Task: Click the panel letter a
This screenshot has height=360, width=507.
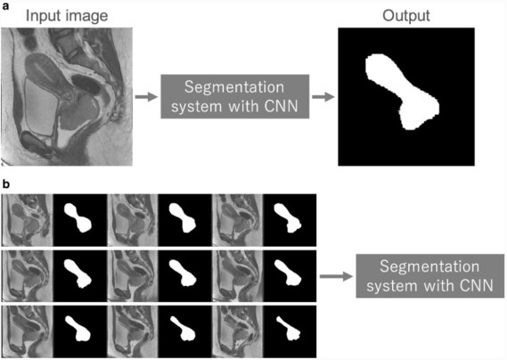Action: coord(5,6)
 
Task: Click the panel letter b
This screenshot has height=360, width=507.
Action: coord(6,184)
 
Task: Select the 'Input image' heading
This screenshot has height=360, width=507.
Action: coord(67,16)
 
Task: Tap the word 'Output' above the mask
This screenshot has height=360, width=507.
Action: coord(406,15)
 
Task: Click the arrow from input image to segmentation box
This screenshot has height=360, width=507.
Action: coord(146,96)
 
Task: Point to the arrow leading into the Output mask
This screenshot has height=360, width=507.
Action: coord(323,96)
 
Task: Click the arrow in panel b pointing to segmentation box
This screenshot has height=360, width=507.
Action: coord(336,276)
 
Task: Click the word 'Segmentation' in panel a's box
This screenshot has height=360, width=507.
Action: coord(234,87)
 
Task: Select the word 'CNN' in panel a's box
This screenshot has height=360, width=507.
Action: coord(281,106)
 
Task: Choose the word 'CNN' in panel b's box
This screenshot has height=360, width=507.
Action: coord(476,286)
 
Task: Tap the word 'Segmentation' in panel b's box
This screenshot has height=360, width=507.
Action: coord(429,266)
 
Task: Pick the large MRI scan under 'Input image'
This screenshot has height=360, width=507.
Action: coord(67,96)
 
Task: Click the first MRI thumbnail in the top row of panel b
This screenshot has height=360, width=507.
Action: coord(27,220)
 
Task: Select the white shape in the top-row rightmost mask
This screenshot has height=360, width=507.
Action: coord(288,218)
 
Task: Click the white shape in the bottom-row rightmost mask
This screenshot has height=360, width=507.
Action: coord(289,328)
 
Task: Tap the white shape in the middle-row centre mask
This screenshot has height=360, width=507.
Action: coord(183,274)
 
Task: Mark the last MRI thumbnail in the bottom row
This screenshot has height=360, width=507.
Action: coord(238,331)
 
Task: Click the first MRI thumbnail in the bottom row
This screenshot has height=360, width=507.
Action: coord(27,331)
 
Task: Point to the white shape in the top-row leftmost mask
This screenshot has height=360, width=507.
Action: coord(78,217)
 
